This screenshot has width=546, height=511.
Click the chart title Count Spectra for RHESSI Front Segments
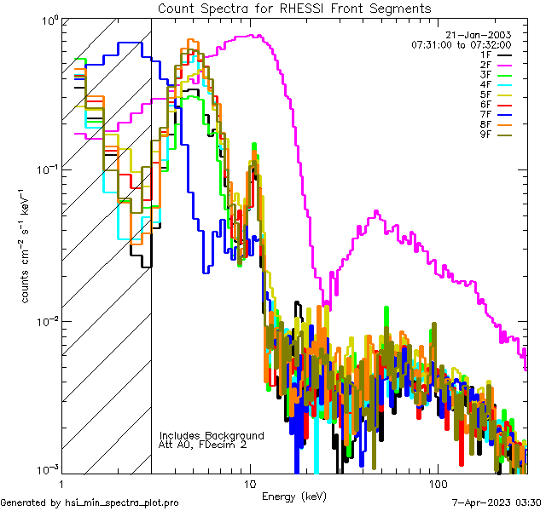click(x=294, y=8)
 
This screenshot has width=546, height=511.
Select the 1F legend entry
click(x=485, y=54)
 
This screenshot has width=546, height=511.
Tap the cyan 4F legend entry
click(x=485, y=84)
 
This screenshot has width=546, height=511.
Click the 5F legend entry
click(x=485, y=95)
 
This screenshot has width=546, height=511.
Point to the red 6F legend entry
click(x=485, y=105)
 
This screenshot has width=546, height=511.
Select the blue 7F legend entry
click(x=485, y=115)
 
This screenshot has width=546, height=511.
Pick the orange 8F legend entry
click(x=485, y=125)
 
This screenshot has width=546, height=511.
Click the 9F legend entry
click(x=485, y=135)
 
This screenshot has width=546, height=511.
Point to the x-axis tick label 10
click(x=250, y=482)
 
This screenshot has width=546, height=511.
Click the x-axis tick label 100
click(x=437, y=482)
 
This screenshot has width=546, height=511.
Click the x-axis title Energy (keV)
click(x=294, y=496)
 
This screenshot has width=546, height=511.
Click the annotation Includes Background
click(x=212, y=435)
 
